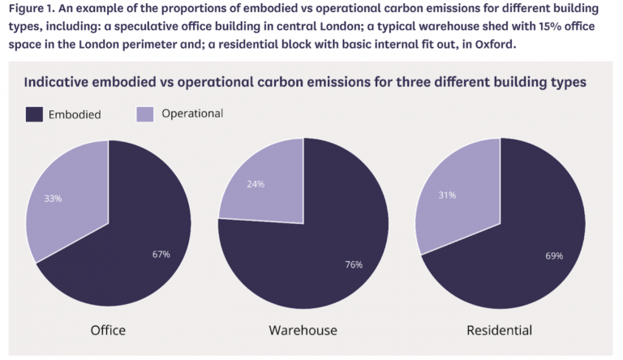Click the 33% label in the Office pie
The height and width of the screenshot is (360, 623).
point(54,198)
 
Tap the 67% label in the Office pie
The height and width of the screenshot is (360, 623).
point(161,254)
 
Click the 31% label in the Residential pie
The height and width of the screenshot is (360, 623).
point(446,195)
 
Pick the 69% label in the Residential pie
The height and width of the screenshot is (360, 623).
point(554,255)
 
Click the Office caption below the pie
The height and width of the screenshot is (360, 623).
point(108,330)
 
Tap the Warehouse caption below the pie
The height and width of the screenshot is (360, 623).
point(303,330)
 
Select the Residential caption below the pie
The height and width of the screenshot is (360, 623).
point(499,330)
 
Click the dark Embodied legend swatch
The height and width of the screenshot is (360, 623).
point(34,114)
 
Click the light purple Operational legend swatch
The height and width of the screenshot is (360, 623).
point(144,114)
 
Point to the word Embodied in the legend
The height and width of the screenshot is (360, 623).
point(75,114)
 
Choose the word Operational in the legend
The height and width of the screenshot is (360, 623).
point(192,114)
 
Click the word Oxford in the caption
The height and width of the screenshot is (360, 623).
point(492,44)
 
